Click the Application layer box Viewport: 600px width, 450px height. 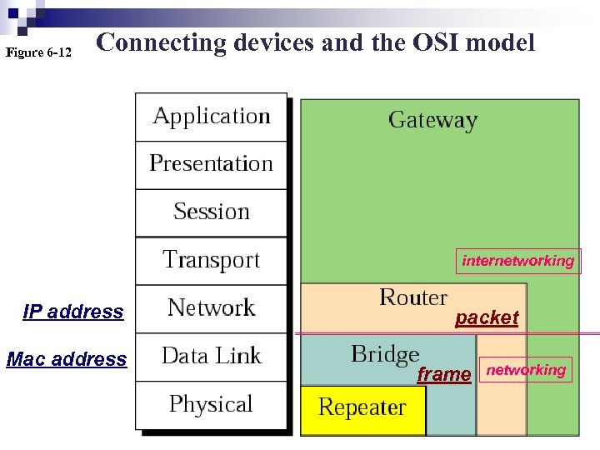click(x=212, y=117)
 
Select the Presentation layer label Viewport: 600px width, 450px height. click(x=212, y=163)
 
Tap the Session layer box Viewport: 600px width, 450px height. click(x=212, y=212)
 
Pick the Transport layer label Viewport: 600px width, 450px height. click(x=212, y=260)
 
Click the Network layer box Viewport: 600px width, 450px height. click(x=212, y=308)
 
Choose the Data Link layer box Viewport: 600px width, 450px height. click(x=212, y=357)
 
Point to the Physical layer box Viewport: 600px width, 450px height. click(x=212, y=405)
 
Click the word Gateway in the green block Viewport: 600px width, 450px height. click(x=432, y=120)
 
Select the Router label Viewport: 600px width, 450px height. click(x=413, y=297)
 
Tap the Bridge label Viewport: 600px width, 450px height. click(x=385, y=354)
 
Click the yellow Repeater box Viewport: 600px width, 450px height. click(x=362, y=408)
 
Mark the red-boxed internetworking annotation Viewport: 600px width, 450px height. click(x=518, y=261)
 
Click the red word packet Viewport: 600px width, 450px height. click(x=487, y=317)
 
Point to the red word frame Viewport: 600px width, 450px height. click(x=443, y=375)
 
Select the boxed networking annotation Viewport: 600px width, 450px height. click(x=526, y=370)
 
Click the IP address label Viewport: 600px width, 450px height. click(x=73, y=312)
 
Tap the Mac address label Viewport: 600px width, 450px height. click(x=67, y=360)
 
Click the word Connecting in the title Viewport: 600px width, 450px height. click(x=162, y=42)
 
